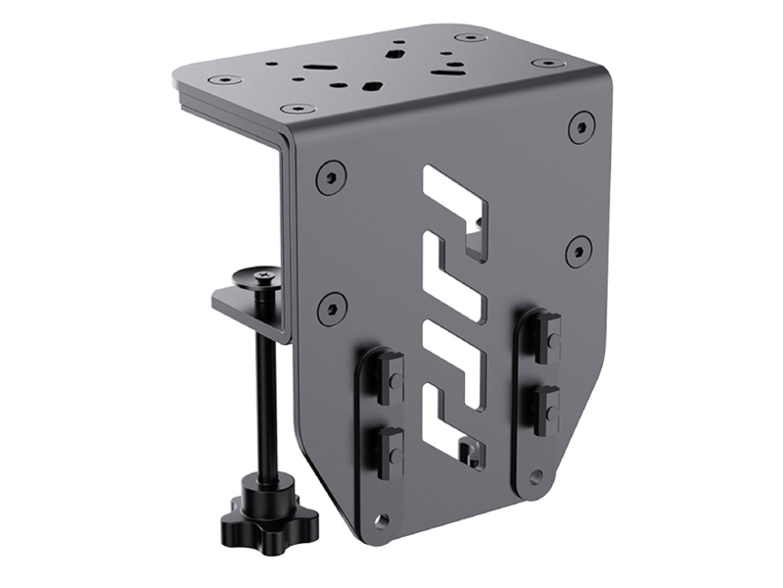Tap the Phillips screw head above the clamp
tap(264, 279)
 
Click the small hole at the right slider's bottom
tap(535, 477)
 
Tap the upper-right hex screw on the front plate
tap(581, 125)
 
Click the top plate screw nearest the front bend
tap(292, 109)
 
